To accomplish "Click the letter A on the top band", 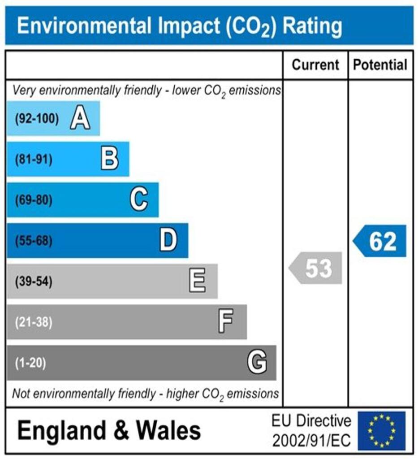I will click(80, 119).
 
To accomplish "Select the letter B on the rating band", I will click(109, 159).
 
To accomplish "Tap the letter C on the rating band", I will click(139, 200).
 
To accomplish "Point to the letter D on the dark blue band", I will click(168, 241).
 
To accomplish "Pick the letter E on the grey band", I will click(197, 281).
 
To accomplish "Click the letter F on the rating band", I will click(226, 322).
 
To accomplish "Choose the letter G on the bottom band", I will click(257, 362).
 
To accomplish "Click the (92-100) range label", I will click(37, 119).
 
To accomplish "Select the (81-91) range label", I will click(34, 160).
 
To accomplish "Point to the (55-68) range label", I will click(34, 241).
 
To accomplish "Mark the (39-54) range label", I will click(34, 282).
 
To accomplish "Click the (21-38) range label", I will click(34, 322).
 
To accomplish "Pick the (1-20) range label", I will click(30, 363).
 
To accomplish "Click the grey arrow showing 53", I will click(315, 268).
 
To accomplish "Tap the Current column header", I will click(315, 65).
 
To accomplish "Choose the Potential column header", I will click(380, 65).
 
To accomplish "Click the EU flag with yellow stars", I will click(381, 431).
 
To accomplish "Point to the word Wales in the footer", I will click(168, 431).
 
